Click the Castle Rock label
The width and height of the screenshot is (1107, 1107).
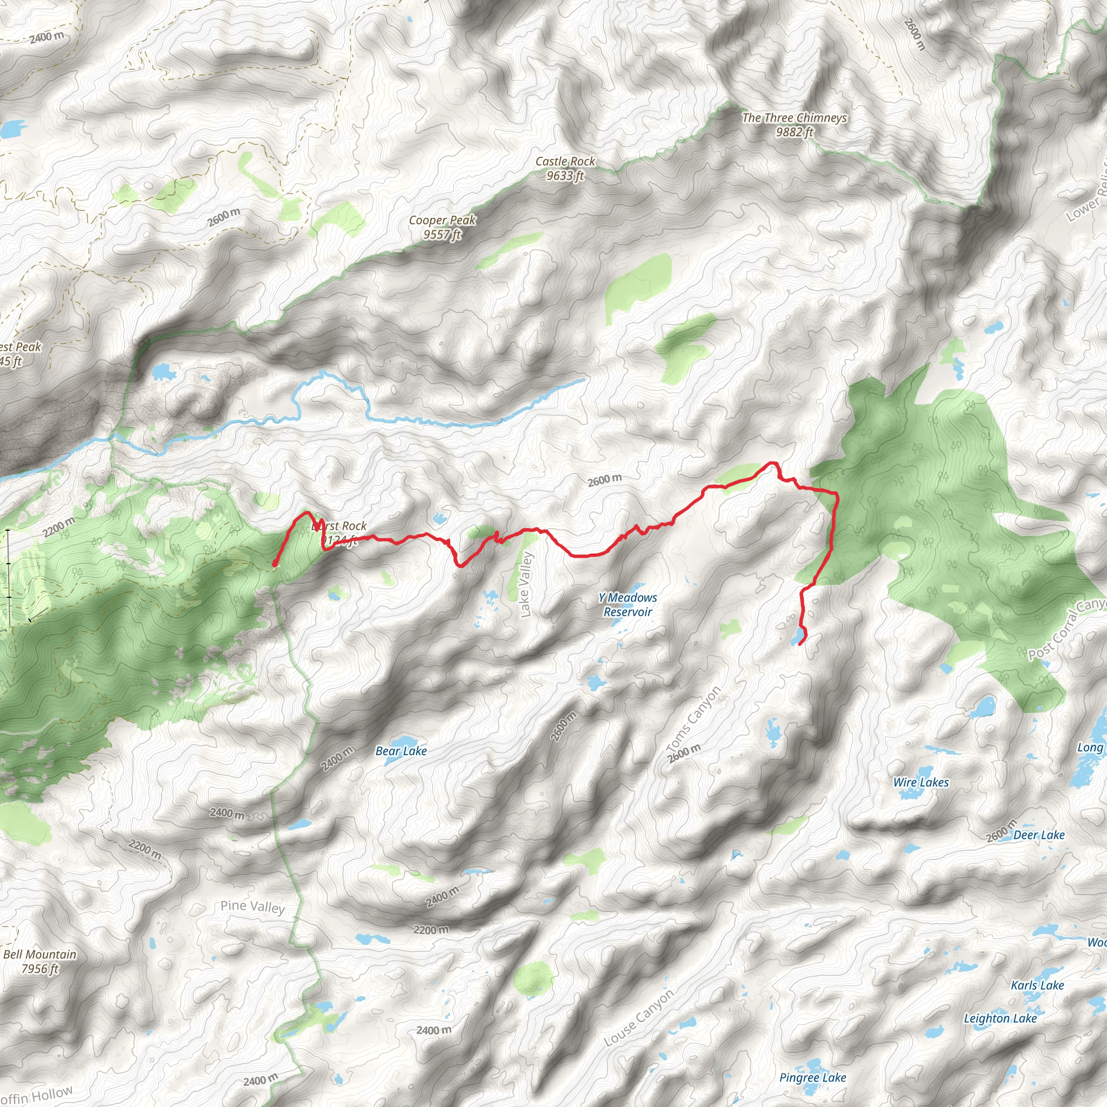coord(565,162)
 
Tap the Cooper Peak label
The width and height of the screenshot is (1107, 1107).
coord(442,220)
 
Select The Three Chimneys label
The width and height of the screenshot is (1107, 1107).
coord(794,118)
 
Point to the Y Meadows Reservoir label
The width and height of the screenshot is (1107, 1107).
coord(628,604)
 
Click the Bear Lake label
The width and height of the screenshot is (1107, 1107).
coord(401,751)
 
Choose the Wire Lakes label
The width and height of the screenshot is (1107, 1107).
coord(921,782)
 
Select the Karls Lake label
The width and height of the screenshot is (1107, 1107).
coord(1037,985)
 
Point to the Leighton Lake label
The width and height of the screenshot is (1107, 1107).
coord(1000,1018)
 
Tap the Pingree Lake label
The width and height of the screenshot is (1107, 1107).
coord(812,1077)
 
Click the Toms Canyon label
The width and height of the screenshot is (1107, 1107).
coord(694,719)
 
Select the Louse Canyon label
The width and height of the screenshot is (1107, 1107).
coord(639,1018)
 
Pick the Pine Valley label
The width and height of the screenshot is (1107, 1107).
coord(252,906)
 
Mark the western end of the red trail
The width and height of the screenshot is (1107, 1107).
coord(275,565)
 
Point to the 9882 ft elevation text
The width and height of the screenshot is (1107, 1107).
coord(794,132)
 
